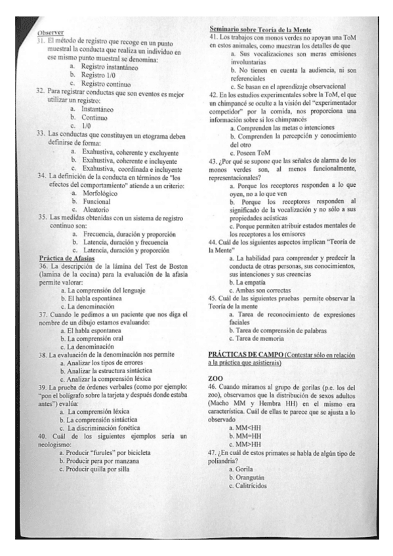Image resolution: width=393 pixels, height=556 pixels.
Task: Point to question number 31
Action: pos(39,40)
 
